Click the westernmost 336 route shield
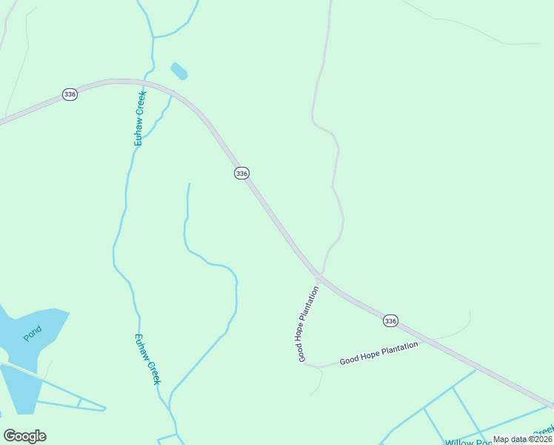[x=70, y=95]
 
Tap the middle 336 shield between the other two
[x=241, y=173]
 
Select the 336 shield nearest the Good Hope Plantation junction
[x=390, y=320]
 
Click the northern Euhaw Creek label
[x=140, y=116]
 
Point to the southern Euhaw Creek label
[x=147, y=358]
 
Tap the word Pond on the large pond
[x=32, y=333]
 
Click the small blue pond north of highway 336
[x=179, y=71]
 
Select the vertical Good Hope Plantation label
[x=308, y=323]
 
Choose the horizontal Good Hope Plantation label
[x=378, y=352]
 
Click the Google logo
[x=24, y=436]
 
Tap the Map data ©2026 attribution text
[x=522, y=439]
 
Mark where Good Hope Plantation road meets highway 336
[x=318, y=277]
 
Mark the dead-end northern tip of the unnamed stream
[x=190, y=184]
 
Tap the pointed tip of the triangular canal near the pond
[x=106, y=408]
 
